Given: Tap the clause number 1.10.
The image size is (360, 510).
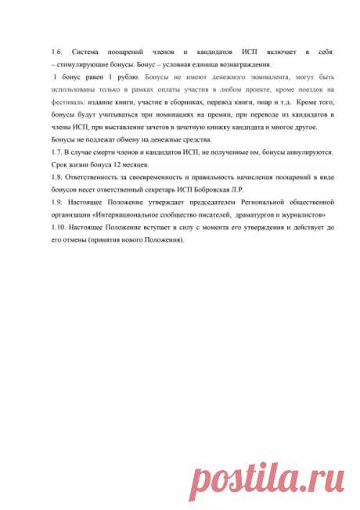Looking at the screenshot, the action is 57,227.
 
